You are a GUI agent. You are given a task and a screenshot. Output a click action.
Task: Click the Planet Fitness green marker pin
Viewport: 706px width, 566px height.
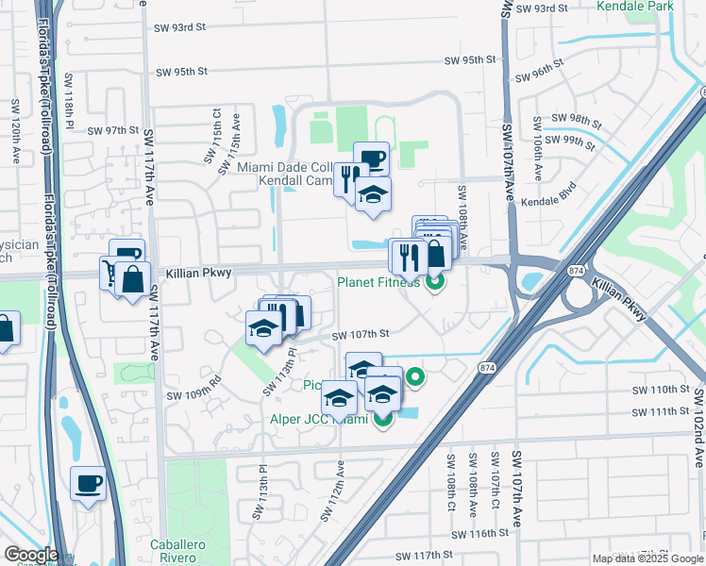[x=435, y=280]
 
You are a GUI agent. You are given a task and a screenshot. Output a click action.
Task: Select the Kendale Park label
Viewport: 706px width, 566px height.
[x=635, y=7]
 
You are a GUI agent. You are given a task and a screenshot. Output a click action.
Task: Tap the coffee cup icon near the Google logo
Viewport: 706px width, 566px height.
[x=90, y=484]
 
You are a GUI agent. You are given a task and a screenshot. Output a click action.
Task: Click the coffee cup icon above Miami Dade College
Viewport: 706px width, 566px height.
[x=371, y=157]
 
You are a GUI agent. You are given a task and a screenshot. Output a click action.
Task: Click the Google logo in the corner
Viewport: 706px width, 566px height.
[x=30, y=554]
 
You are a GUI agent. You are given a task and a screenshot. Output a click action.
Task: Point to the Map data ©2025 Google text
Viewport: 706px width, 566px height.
[x=648, y=558]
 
